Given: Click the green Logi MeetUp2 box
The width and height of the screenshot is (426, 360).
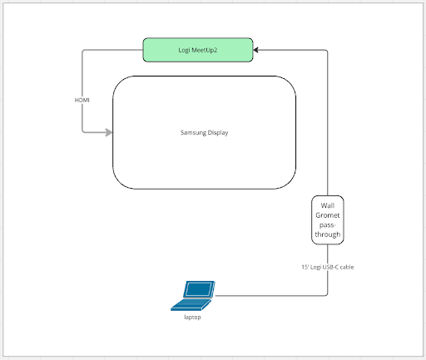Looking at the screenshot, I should pos(198,50).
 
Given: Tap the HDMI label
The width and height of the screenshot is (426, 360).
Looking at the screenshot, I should pos(82,100).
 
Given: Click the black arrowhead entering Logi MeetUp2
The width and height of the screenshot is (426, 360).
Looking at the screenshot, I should pos(259,50).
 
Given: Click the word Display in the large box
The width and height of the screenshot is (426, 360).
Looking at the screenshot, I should pos(217,132).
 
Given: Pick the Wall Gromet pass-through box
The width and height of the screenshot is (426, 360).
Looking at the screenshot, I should pos(327,220).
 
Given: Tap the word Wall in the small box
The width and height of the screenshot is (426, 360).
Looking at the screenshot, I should pos(327,205).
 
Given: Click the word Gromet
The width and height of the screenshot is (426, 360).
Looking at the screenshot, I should pos(327,215).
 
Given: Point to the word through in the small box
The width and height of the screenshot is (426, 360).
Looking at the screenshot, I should pos(327,236).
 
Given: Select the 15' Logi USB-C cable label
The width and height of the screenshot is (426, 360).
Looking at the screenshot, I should pos(329,266).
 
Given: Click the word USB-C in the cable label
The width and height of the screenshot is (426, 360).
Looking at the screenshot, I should pos(337,266).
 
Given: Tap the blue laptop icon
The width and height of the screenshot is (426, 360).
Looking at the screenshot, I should pos(198,294).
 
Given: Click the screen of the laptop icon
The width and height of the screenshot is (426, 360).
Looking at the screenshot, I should pos(201,290).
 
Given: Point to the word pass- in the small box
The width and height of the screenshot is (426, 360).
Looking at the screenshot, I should pos(327,226).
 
